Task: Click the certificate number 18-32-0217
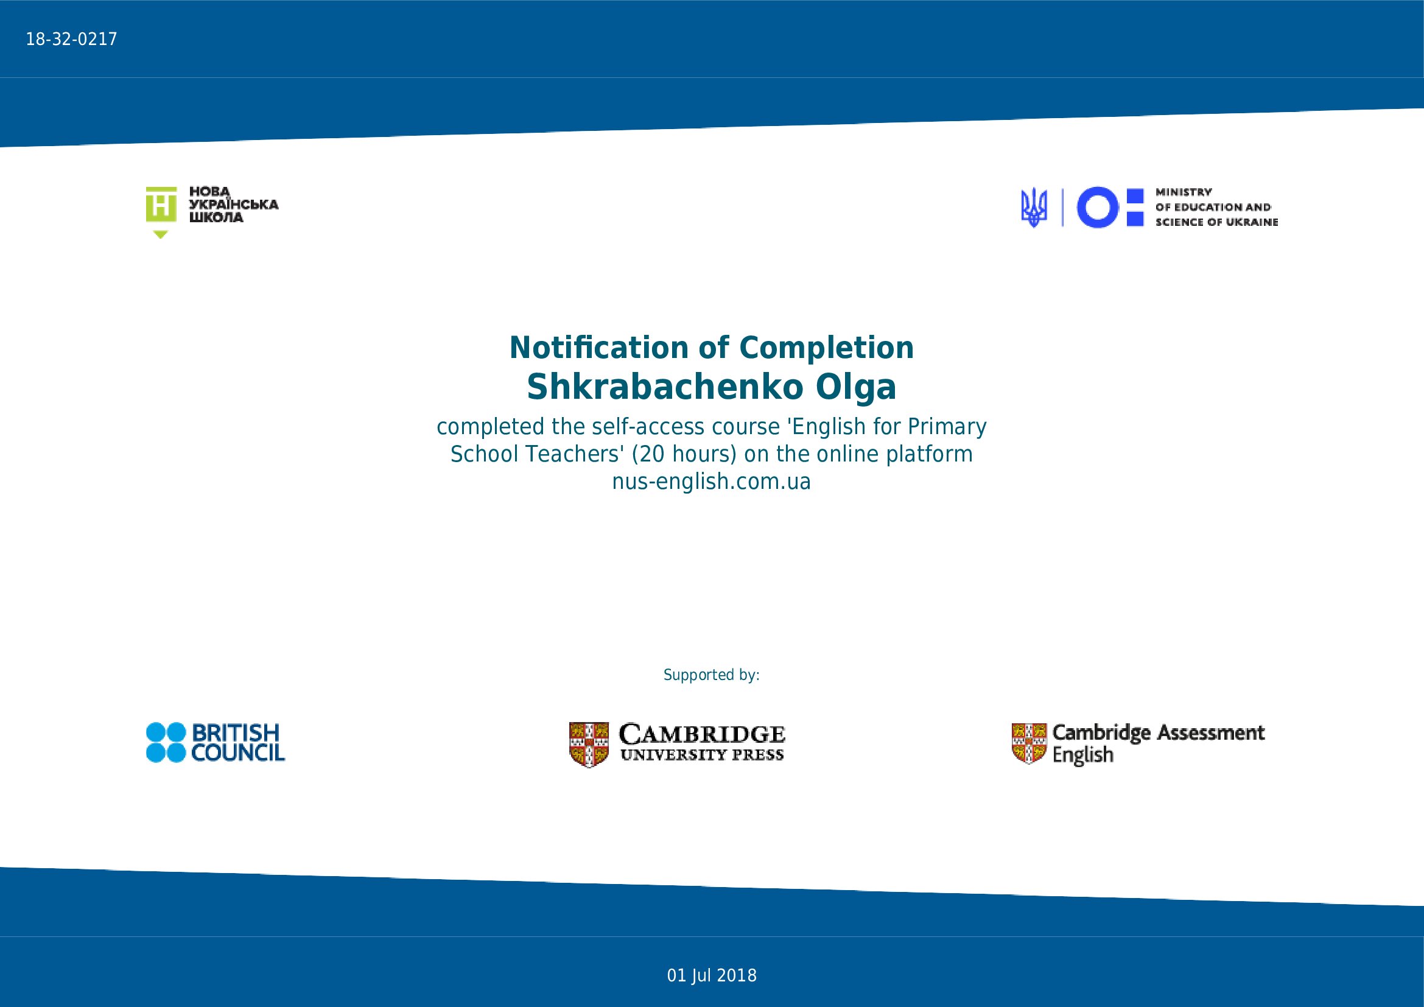71,40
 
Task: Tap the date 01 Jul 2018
711,976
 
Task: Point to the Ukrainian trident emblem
1034,207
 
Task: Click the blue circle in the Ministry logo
1097,207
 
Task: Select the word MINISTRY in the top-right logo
1184,192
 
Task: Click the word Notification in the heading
599,347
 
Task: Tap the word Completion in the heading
827,348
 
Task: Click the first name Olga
856,388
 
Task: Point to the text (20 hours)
684,454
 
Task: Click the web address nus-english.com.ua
711,482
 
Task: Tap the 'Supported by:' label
711,675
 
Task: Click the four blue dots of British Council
166,742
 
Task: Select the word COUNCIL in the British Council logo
237,753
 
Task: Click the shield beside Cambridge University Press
589,744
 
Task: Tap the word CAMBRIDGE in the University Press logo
702,735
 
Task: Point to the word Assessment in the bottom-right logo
1211,732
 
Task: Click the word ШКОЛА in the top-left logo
216,217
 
